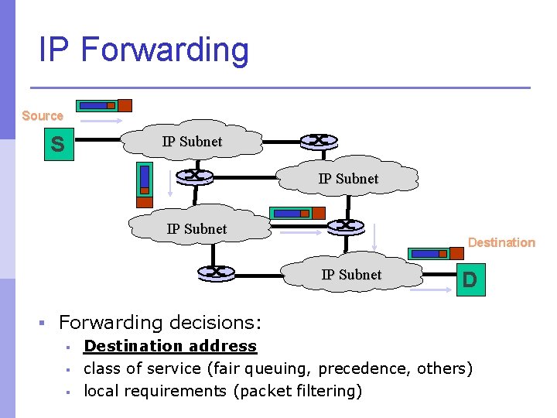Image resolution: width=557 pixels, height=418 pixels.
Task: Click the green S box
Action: pos(57,144)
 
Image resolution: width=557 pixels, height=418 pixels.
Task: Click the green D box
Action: pos(469,279)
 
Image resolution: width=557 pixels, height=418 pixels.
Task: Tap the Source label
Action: pos(43,115)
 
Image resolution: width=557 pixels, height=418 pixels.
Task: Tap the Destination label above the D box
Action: pos(501,242)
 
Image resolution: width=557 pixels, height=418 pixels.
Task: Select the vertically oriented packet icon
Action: pos(144,185)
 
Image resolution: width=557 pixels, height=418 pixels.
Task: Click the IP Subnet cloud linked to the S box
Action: pos(192,141)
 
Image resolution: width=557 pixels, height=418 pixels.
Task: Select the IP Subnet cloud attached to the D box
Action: pos(351,274)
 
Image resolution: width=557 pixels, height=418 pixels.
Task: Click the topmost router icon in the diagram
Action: pos(318,141)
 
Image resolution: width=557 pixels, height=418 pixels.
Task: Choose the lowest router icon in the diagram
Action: pos(216,272)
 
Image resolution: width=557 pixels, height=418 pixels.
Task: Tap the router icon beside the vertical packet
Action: pos(193,176)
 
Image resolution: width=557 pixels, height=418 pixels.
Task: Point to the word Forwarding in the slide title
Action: pos(164,50)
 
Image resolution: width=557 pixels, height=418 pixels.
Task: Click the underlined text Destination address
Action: pos(169,346)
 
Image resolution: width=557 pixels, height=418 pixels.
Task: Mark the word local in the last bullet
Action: pos(102,391)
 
